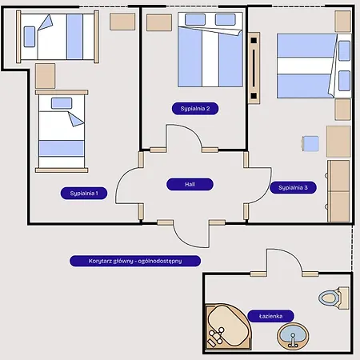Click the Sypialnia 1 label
84,194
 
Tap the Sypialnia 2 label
195,109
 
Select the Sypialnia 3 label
293,187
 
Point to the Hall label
190,184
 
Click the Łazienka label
270,316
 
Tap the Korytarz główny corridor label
135,261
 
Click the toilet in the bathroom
334,298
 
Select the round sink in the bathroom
293,337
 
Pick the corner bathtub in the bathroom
228,326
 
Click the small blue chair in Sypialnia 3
310,144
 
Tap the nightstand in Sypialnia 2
159,22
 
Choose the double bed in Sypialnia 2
210,50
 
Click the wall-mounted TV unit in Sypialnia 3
254,68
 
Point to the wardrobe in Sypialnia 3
338,191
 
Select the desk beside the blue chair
338,142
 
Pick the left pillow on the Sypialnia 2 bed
195,20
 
